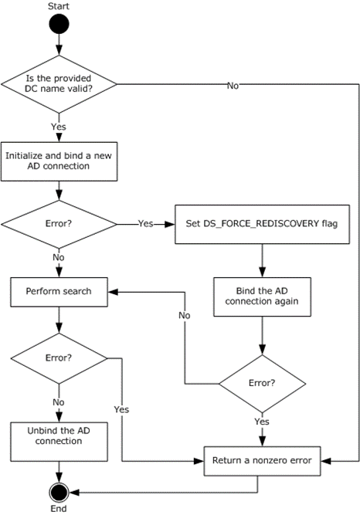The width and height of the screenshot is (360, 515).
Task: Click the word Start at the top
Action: click(59, 6)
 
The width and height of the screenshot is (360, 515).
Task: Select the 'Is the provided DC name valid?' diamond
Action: click(59, 85)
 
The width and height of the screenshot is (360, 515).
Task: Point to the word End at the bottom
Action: click(59, 509)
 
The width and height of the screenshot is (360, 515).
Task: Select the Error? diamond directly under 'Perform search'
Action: click(59, 358)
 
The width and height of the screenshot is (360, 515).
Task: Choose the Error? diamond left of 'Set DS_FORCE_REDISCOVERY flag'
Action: click(59, 225)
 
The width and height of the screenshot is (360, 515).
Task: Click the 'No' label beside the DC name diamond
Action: click(232, 86)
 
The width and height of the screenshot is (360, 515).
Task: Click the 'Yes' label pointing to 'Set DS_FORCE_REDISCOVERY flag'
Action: click(145, 225)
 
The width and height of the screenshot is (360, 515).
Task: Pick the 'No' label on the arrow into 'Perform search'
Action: click(185, 316)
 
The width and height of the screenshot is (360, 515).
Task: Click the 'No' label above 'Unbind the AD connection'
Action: click(59, 401)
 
